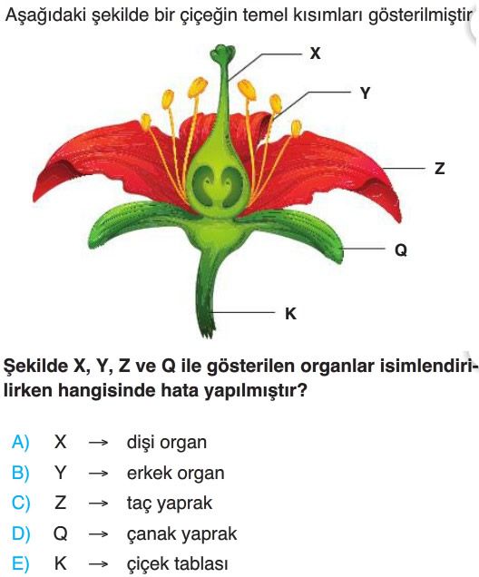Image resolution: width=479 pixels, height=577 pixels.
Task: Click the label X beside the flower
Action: coord(315,54)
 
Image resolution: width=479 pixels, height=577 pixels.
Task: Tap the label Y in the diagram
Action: coord(365,93)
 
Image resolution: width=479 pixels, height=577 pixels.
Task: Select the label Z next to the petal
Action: coord(439,169)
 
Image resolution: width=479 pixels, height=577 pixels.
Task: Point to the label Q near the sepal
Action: coord(401,250)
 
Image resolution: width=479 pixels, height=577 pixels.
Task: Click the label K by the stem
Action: coord(290,314)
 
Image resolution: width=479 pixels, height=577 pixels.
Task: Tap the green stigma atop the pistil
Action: coord(221,53)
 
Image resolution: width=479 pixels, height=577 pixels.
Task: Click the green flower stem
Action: coord(207,294)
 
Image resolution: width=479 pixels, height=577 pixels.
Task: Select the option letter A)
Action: coord(21,442)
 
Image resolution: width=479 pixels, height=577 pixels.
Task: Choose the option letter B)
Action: coord(21,473)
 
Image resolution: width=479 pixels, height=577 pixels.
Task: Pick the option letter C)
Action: coord(21,503)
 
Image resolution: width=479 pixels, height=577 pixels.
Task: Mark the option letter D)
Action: coord(21,533)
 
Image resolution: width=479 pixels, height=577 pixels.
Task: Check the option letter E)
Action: coord(21,563)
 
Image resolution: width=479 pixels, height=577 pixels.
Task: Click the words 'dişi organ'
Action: coord(167,443)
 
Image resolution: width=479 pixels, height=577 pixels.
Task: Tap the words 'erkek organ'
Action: coord(175,474)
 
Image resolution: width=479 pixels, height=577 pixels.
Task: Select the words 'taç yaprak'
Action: coord(170,504)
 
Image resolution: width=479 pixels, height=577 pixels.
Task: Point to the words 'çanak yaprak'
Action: coord(181,534)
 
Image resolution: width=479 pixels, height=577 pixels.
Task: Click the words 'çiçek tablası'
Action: coord(177,564)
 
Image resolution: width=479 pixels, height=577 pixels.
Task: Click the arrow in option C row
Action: coord(98,504)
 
